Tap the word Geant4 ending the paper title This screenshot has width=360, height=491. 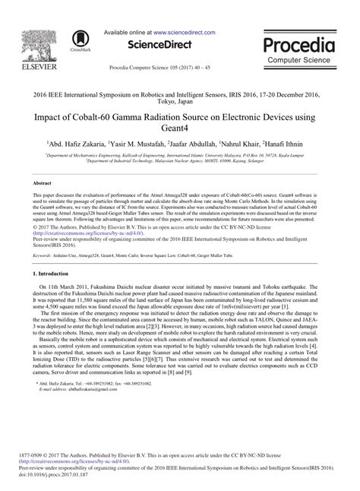pyautogui.click(x=180, y=132)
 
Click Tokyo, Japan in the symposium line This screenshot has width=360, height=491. pyautogui.click(x=180, y=106)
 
